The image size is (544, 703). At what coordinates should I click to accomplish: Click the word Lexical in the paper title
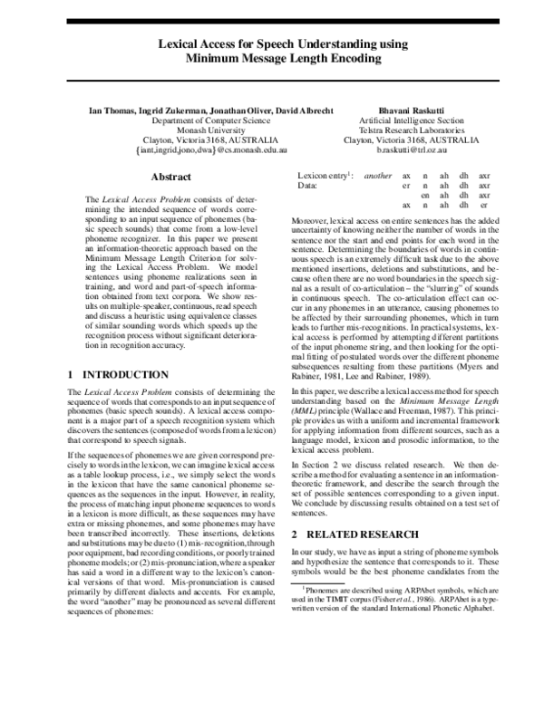pyautogui.click(x=185, y=43)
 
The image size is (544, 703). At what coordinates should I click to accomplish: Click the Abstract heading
pyautogui.click(x=170, y=177)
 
